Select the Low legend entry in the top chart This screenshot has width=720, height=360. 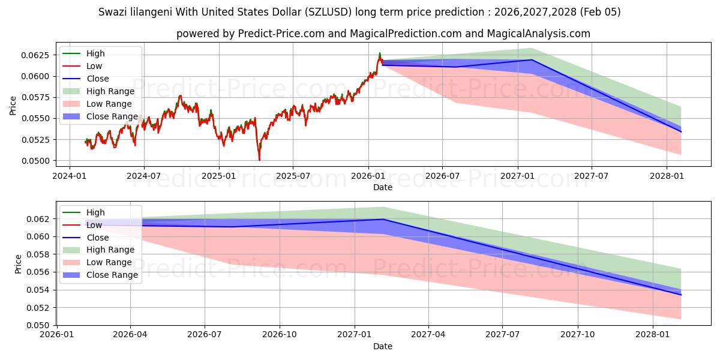point(94,66)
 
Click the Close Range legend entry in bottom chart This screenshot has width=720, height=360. point(112,275)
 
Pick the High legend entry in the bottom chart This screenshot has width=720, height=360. point(95,212)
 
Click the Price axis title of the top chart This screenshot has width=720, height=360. point(13,105)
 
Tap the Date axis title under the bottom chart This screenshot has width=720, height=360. point(383,346)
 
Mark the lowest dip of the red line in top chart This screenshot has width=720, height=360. point(259,160)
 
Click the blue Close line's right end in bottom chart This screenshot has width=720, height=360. point(681,295)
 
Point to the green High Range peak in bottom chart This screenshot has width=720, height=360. point(383,207)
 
